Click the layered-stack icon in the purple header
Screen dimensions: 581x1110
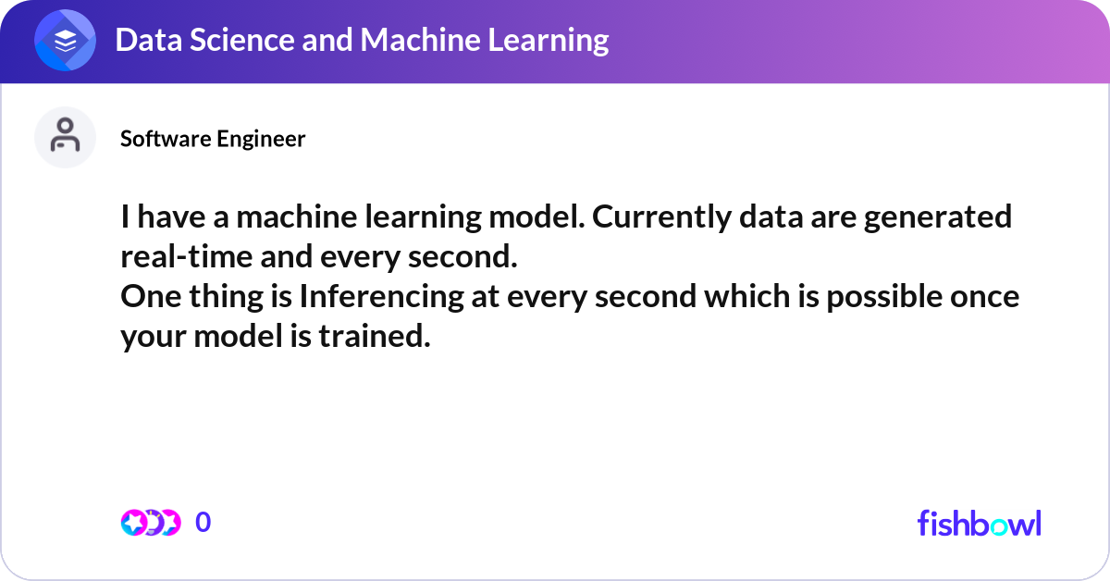[65, 40]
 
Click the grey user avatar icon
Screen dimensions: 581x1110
[65, 138]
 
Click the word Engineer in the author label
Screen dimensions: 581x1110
[261, 139]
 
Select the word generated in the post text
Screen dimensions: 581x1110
[933, 218]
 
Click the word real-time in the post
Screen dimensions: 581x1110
[184, 258]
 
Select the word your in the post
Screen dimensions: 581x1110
[153, 338]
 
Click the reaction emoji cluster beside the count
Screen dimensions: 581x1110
[150, 523]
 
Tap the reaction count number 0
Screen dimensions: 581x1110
[203, 523]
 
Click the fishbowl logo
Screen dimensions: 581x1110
[979, 523]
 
